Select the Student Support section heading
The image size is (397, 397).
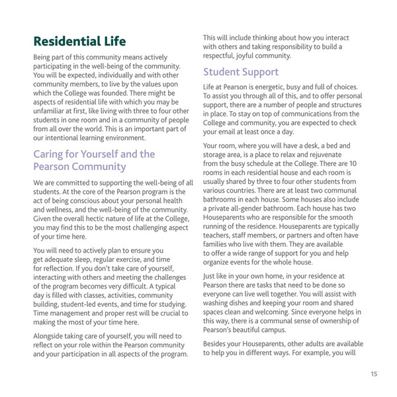pyautogui.click(x=241, y=71)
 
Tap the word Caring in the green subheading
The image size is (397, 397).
pyautogui.click(x=51, y=154)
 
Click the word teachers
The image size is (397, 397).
pyautogui.click(x=220, y=234)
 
